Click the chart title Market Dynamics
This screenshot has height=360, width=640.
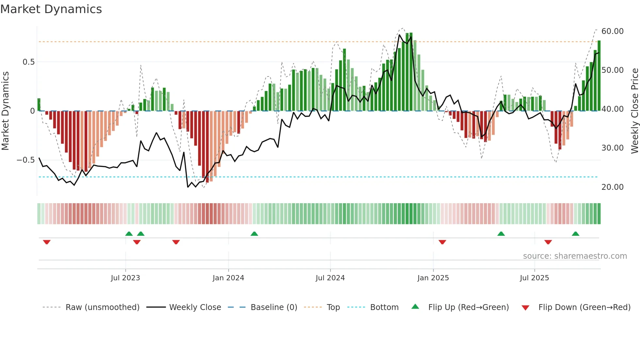point(51,9)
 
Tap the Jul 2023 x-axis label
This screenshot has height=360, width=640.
point(125,278)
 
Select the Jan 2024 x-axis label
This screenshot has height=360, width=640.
point(228,278)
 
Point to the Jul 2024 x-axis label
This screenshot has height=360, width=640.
point(330,278)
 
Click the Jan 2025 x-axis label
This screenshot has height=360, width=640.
point(433,278)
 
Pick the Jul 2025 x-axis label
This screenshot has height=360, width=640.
point(534,278)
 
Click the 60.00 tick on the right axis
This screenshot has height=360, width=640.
point(612,31)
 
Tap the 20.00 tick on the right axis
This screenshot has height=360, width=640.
point(612,187)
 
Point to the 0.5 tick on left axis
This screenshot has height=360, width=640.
point(28,62)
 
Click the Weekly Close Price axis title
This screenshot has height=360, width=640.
point(634,111)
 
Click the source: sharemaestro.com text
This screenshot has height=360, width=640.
point(575,256)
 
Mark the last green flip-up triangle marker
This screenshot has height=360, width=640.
point(575,234)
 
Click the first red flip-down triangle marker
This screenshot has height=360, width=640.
point(47,242)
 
